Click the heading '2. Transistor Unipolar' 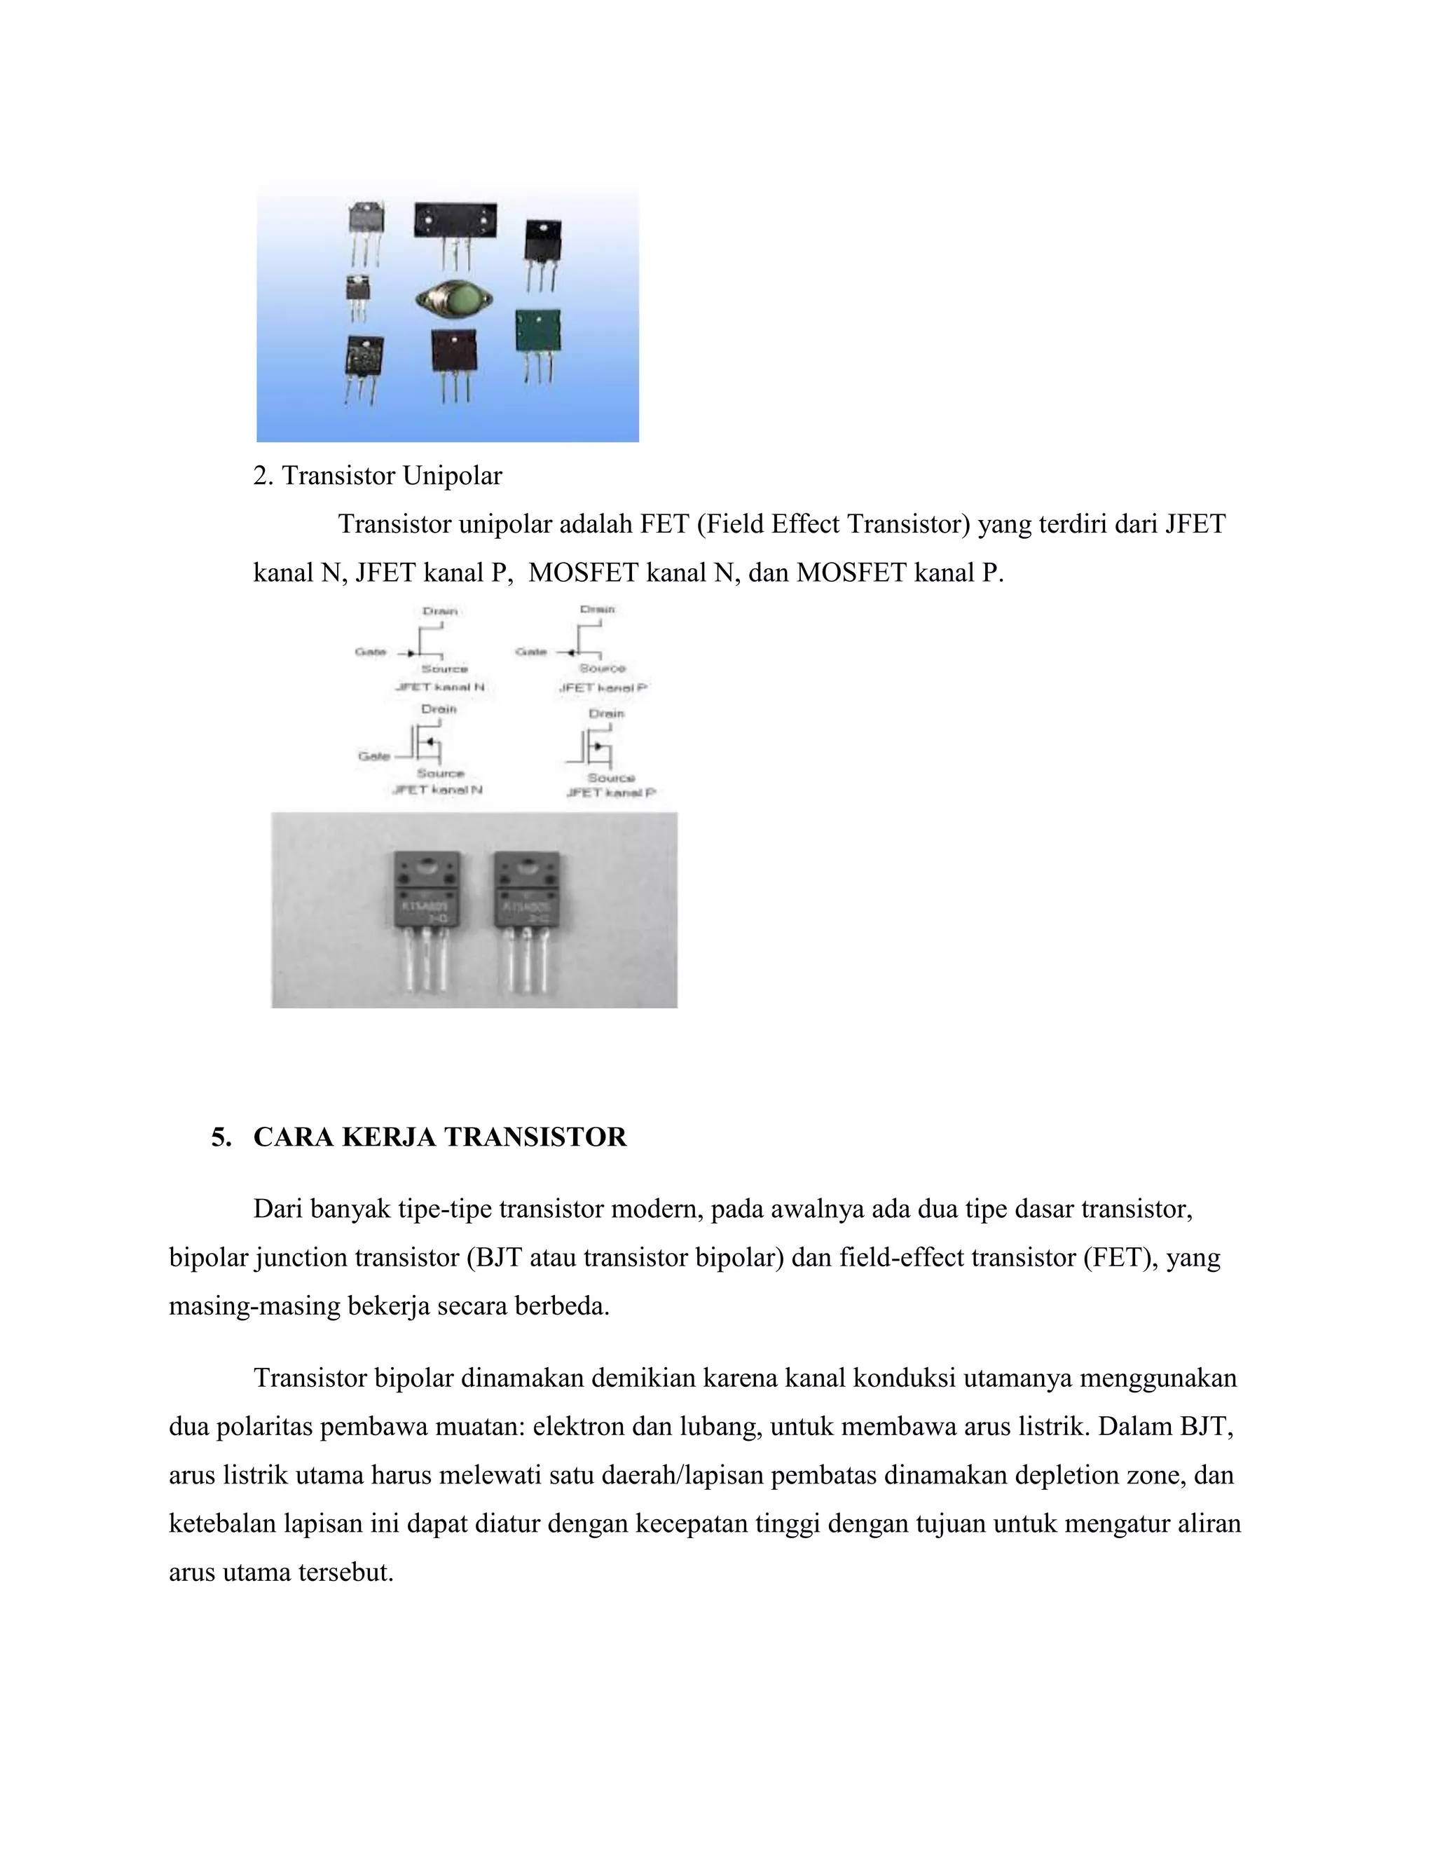378,476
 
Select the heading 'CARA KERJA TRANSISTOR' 439,1137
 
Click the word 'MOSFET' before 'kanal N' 584,573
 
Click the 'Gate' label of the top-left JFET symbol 370,652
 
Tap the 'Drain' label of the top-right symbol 598,610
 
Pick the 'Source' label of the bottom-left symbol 440,773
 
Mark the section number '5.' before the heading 221,1137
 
